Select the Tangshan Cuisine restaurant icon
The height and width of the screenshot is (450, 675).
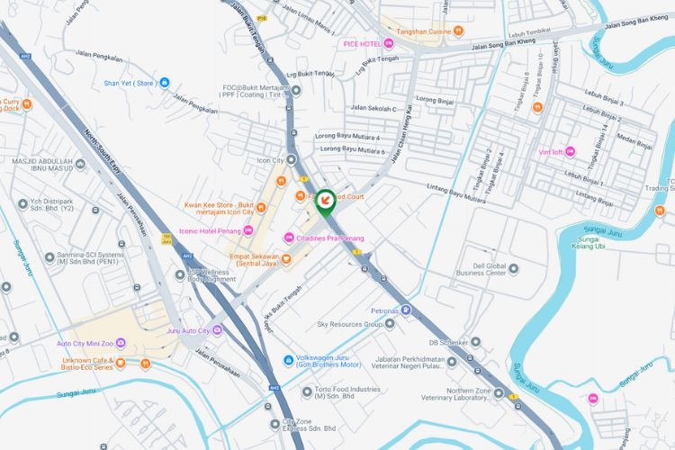(459, 30)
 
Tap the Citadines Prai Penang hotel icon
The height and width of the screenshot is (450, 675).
(289, 238)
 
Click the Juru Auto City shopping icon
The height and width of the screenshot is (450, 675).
(217, 331)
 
